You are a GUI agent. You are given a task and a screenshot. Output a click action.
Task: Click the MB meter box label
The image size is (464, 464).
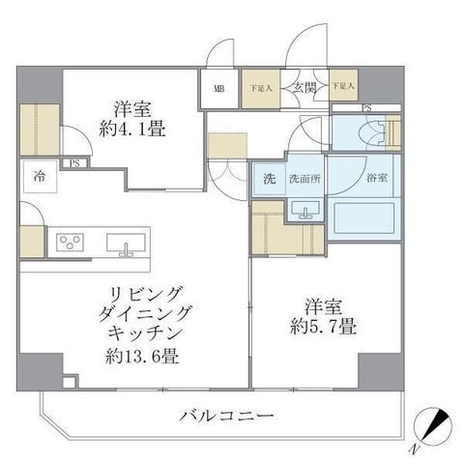(x=219, y=89)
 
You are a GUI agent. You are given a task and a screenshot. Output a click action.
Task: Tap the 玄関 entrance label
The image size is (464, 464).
(x=304, y=87)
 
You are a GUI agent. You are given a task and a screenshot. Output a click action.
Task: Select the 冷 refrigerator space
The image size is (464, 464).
(x=41, y=176)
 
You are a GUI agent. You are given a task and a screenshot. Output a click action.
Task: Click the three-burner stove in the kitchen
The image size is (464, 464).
(x=71, y=242)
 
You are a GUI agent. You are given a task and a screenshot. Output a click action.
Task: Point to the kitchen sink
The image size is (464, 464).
(x=126, y=244)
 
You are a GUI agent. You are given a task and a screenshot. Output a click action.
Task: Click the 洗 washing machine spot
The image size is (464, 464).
(x=270, y=179)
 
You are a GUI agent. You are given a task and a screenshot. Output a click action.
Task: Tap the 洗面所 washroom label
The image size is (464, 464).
(x=304, y=179)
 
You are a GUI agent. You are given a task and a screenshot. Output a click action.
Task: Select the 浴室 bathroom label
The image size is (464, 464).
(x=377, y=178)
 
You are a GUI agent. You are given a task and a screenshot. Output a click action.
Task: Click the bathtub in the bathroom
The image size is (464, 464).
(x=364, y=217)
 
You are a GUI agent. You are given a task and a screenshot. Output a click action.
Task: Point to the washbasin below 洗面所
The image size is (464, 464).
(x=305, y=210)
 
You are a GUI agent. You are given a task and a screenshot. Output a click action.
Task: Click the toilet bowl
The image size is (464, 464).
(x=374, y=133)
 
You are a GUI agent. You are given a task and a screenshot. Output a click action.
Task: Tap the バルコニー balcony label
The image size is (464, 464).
(x=226, y=416)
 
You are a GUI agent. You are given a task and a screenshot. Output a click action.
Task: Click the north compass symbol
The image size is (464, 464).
(x=433, y=426)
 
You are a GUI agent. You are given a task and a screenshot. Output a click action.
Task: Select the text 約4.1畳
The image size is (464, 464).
(x=132, y=130)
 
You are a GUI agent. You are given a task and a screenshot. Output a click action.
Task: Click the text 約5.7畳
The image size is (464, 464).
(x=323, y=327)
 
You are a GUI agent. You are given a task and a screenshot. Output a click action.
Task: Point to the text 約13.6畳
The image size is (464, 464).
(x=142, y=357)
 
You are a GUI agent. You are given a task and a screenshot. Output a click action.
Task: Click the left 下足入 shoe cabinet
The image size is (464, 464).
(x=261, y=89)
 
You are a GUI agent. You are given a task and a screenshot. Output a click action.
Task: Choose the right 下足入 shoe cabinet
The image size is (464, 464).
(x=343, y=85)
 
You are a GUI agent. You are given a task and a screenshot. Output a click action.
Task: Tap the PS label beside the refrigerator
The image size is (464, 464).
(x=74, y=163)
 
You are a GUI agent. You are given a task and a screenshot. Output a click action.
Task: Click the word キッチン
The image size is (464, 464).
(x=144, y=334)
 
